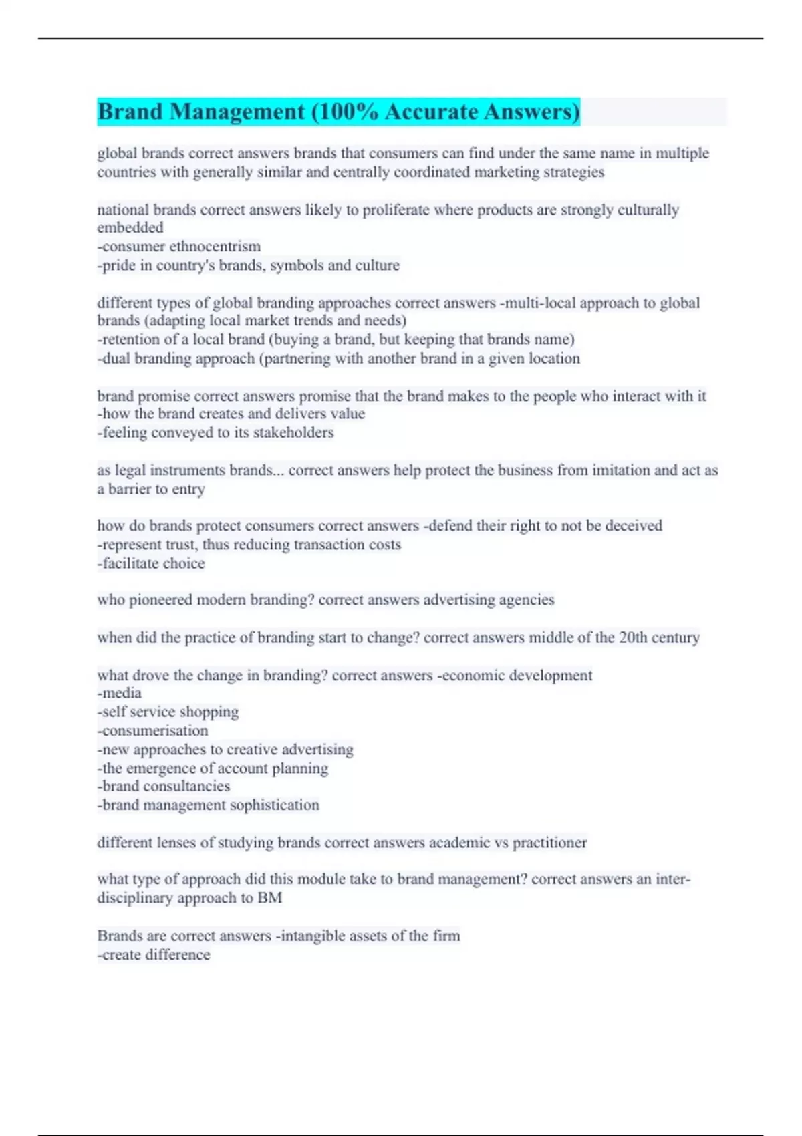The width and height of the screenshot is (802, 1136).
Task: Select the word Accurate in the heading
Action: point(430,112)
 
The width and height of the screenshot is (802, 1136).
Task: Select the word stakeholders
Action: point(293,432)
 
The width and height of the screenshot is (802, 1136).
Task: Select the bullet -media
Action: point(120,693)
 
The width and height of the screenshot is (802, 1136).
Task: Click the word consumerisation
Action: point(154,730)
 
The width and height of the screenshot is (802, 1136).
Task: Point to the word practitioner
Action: point(549,843)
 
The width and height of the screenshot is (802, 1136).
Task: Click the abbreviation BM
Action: point(269,898)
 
